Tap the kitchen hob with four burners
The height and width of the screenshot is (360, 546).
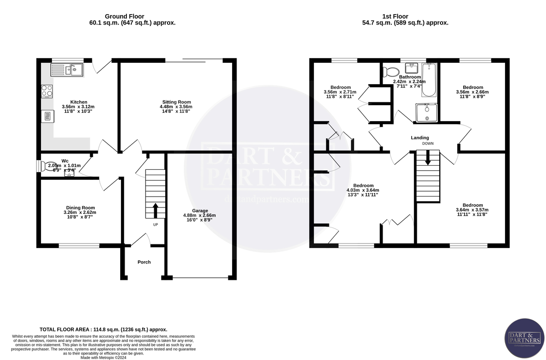[x=47, y=91]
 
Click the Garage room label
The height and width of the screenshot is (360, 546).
[x=200, y=211]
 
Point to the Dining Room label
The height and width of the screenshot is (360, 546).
[x=80, y=208]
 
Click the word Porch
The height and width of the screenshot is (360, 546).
[x=144, y=262]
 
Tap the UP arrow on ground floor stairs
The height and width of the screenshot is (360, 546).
[x=155, y=210]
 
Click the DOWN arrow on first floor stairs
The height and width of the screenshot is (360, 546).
[x=428, y=159]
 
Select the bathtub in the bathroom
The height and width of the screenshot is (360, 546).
[x=429, y=80]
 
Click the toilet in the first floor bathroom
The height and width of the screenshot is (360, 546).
[x=391, y=71]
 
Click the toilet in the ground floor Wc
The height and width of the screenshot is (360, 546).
[x=47, y=166]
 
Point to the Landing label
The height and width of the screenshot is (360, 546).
[x=420, y=137]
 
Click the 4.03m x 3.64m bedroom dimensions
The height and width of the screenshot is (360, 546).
[x=363, y=190]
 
